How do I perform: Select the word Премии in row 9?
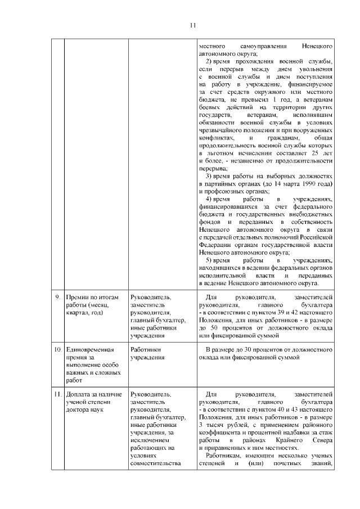78,296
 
